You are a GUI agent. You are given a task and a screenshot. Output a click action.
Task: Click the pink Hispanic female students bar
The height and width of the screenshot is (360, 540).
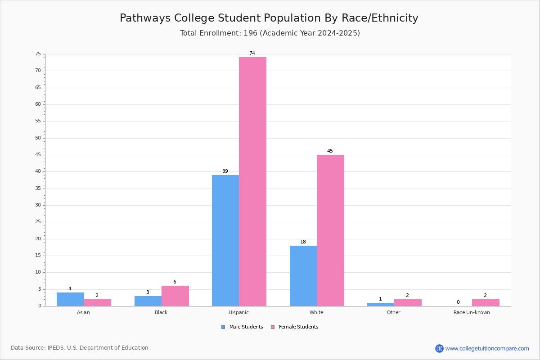(252, 181)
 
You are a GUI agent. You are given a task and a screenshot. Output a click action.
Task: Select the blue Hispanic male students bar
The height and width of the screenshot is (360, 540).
(225, 241)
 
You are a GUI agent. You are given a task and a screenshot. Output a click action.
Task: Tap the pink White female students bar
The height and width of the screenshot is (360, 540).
(330, 230)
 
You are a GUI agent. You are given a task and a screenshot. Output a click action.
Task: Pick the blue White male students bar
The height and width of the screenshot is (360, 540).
(303, 276)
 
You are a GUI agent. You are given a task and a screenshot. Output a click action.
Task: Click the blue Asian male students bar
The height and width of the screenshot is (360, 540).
(70, 299)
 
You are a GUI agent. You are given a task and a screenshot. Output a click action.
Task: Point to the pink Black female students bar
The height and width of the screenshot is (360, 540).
(175, 296)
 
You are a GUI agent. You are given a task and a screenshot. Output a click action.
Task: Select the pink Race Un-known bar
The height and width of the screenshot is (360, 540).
(486, 302)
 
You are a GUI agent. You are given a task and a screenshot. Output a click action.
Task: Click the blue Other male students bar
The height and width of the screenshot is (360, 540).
(381, 304)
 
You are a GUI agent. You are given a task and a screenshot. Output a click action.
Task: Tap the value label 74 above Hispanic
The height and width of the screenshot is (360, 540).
(252, 53)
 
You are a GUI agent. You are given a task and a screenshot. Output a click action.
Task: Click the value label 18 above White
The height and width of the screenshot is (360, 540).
(303, 242)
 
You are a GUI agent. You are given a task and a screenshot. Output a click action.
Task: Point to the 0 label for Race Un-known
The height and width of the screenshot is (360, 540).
(458, 302)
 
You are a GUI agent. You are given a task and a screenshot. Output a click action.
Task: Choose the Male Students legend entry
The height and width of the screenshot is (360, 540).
(242, 327)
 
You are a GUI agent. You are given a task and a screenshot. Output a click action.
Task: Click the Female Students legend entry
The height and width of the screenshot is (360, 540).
(295, 327)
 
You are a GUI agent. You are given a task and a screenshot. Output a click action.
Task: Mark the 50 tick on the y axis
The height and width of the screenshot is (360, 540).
(38, 138)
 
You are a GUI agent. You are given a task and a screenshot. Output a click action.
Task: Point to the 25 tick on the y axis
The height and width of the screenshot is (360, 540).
(38, 221)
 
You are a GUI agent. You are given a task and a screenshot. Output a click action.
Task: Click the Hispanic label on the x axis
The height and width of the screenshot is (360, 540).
(238, 312)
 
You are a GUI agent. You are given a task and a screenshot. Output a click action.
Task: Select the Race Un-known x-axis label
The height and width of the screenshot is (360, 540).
(472, 312)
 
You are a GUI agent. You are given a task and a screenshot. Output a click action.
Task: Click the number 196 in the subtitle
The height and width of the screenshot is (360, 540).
(251, 33)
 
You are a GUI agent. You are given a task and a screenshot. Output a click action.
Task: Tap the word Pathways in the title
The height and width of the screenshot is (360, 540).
(145, 18)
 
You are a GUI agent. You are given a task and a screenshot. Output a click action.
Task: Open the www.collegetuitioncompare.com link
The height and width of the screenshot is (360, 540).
(487, 348)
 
